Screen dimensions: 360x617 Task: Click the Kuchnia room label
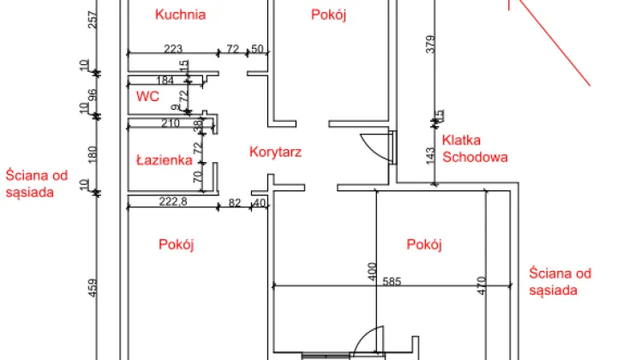181,14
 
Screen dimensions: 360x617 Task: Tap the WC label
147,96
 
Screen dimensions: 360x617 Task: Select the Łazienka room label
163,159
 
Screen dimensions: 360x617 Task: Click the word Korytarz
275,152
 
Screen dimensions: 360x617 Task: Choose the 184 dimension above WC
166,81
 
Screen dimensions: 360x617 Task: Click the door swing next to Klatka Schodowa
374,146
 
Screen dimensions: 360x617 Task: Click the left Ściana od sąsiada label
35,183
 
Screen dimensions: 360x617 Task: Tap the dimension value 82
234,203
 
